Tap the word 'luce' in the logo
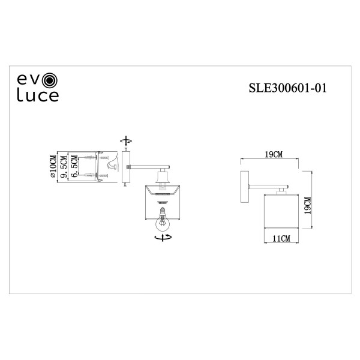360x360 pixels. click(x=37, y=96)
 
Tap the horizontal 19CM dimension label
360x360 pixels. click(x=274, y=155)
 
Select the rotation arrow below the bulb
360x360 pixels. click(x=161, y=238)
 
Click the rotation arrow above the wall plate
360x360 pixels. click(x=125, y=140)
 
